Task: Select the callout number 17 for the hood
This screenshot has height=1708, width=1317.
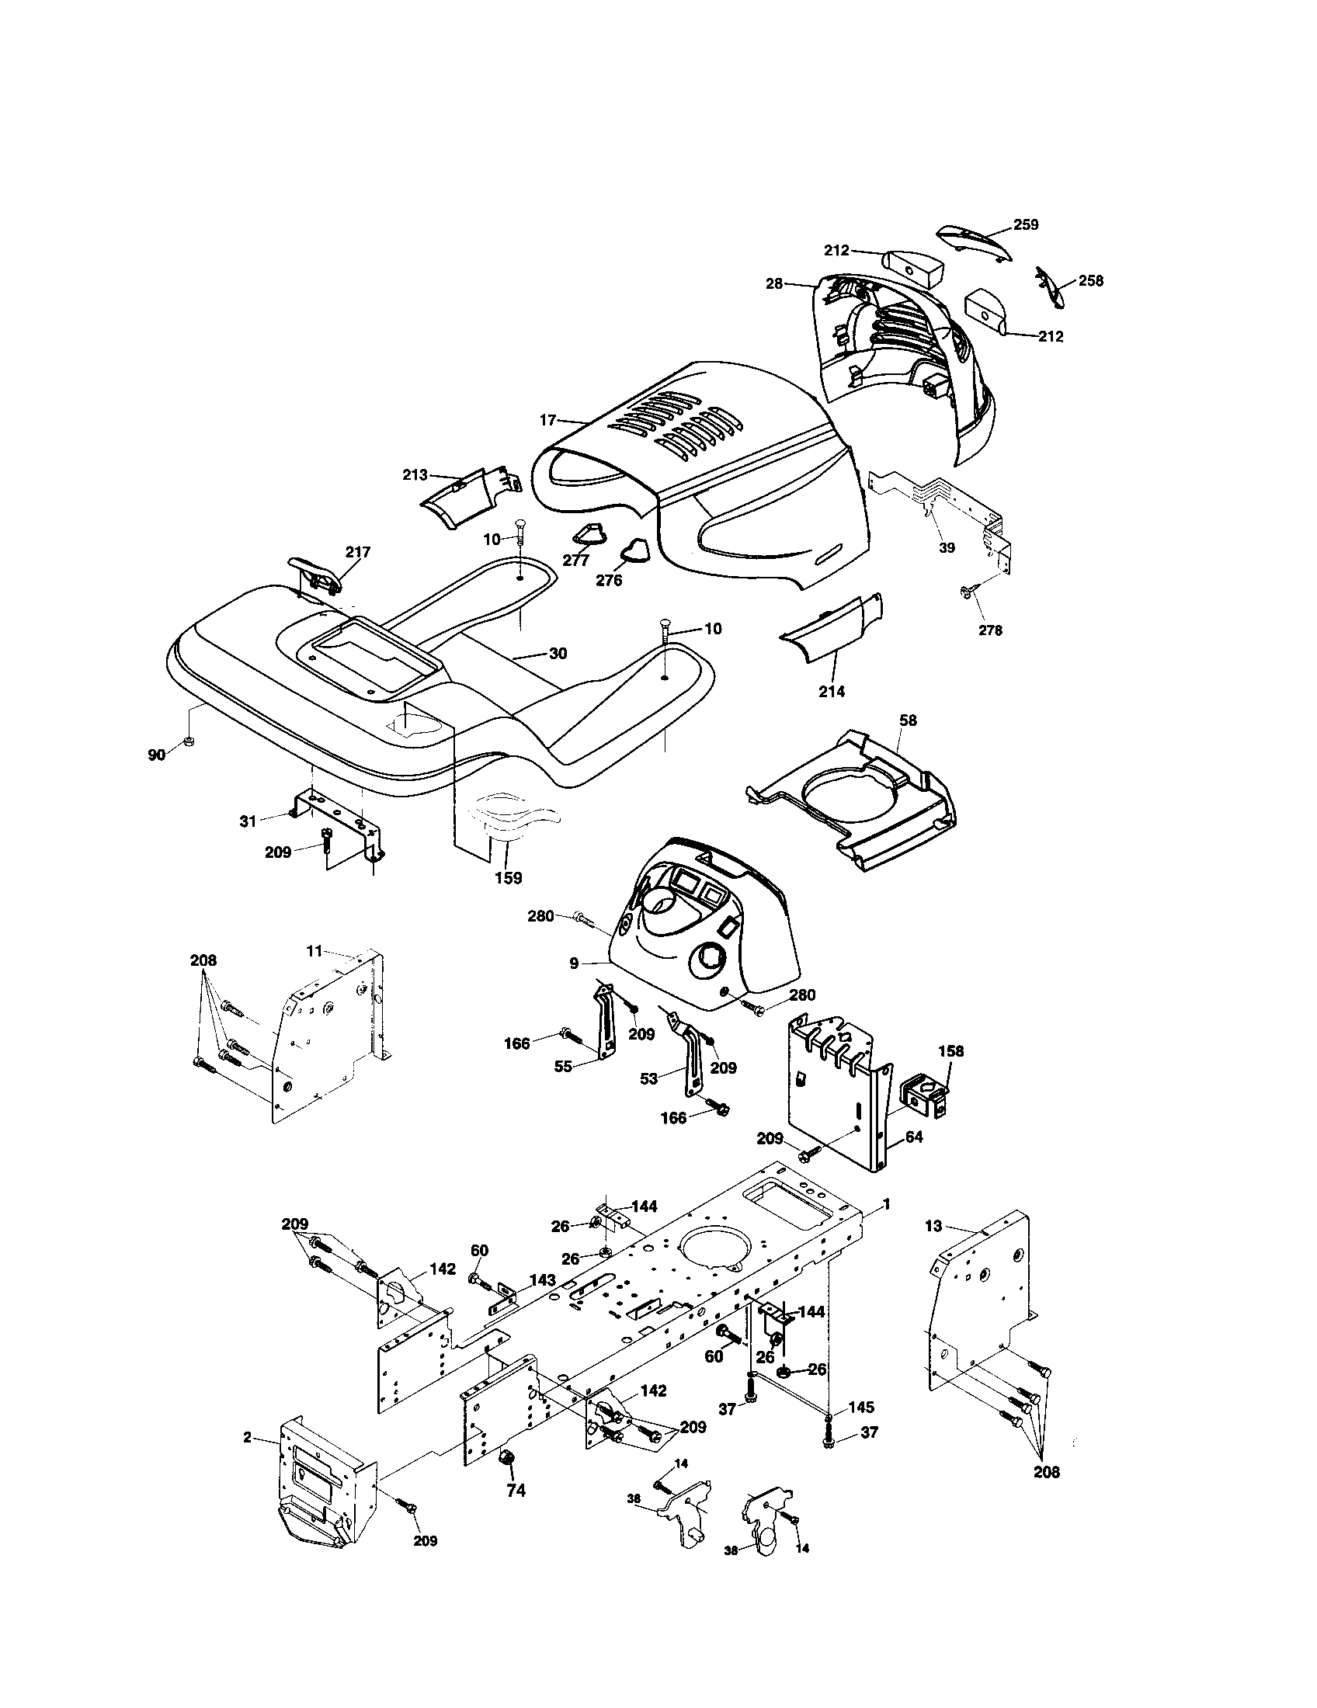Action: (x=547, y=420)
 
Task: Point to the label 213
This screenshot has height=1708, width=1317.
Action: (x=415, y=474)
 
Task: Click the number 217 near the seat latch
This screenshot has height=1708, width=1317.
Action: (x=357, y=552)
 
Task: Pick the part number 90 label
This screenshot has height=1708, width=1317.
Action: (x=156, y=755)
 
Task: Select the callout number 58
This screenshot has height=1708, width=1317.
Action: (x=908, y=720)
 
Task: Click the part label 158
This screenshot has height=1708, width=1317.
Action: (x=951, y=1051)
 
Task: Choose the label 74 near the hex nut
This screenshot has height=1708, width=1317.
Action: (x=516, y=1491)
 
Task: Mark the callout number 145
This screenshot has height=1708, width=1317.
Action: (x=860, y=1408)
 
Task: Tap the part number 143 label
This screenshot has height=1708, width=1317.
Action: (x=542, y=1280)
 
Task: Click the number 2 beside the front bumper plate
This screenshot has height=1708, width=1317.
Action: (x=247, y=1436)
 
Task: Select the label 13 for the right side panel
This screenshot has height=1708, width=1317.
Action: (x=933, y=1226)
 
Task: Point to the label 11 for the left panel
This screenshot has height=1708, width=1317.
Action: (x=314, y=951)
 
